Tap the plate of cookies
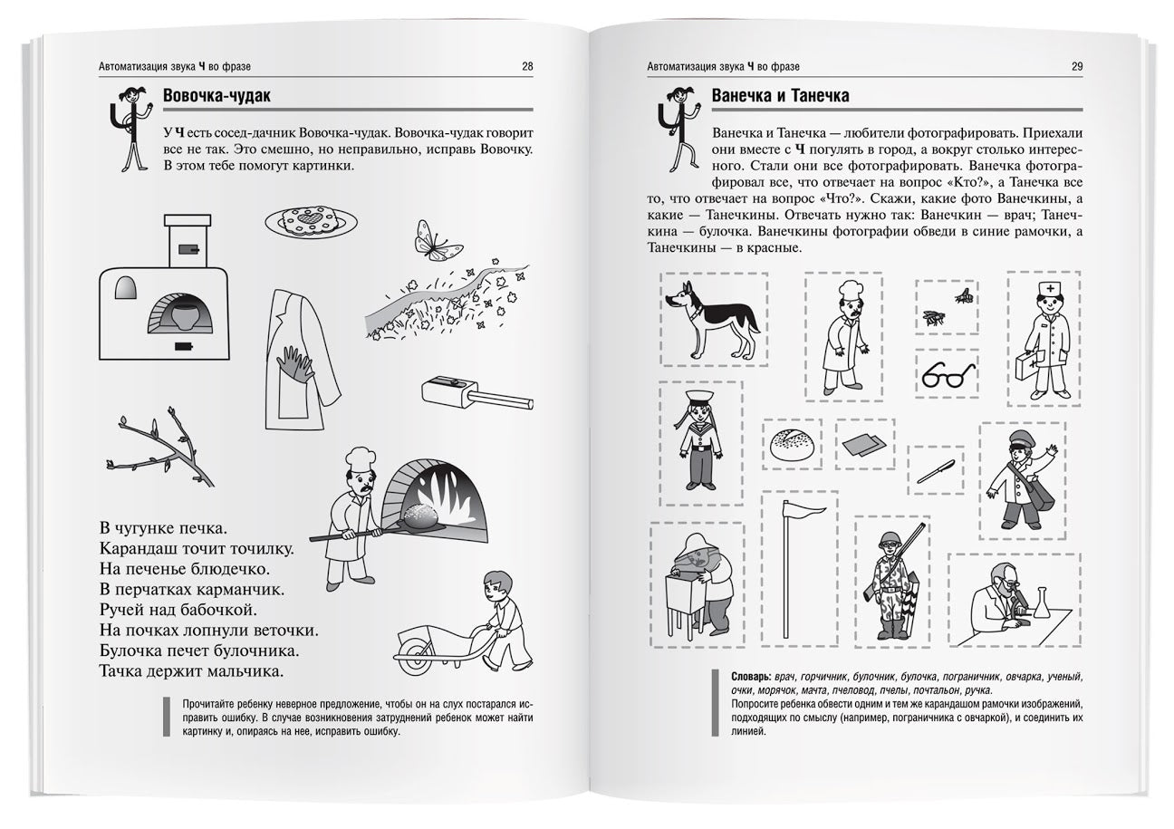[310, 220]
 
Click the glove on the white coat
[297, 364]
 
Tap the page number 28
[527, 66]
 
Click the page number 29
[1076, 66]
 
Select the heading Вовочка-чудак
[217, 96]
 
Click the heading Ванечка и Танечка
[780, 96]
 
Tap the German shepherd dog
[711, 318]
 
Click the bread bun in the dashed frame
[793, 444]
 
